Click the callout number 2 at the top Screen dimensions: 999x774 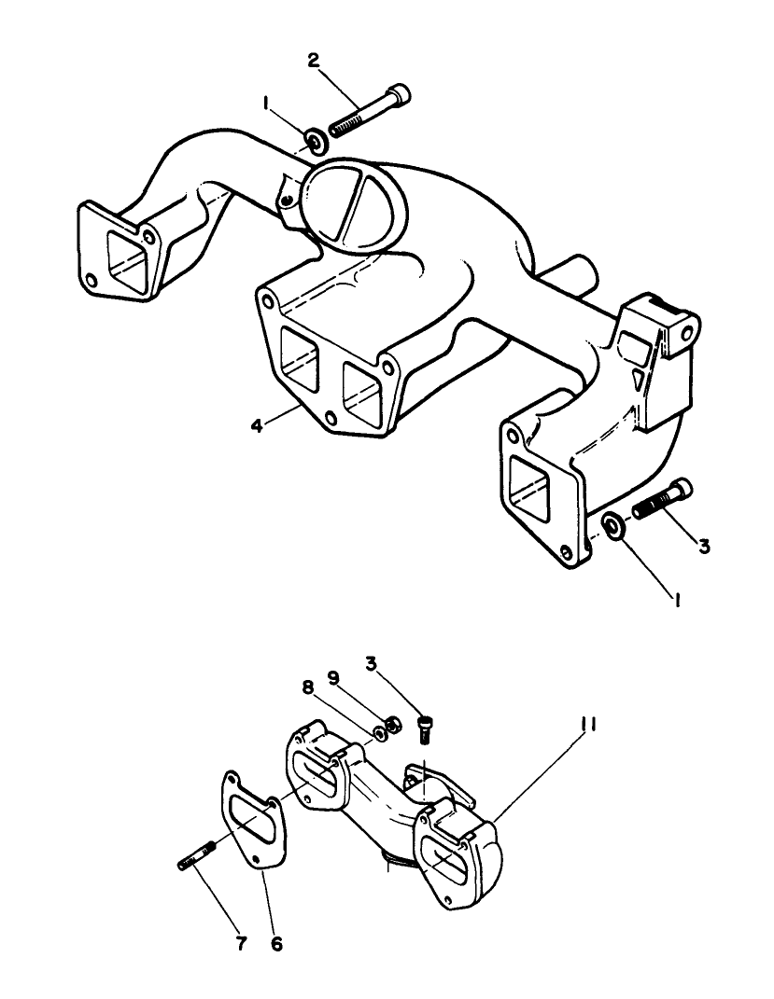(x=314, y=61)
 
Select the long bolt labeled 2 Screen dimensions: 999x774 (x=369, y=110)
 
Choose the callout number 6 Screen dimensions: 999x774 (x=276, y=943)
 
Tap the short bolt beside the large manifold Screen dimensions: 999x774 (x=663, y=500)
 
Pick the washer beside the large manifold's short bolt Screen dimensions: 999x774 (x=613, y=525)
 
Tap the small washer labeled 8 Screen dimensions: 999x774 (x=381, y=730)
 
